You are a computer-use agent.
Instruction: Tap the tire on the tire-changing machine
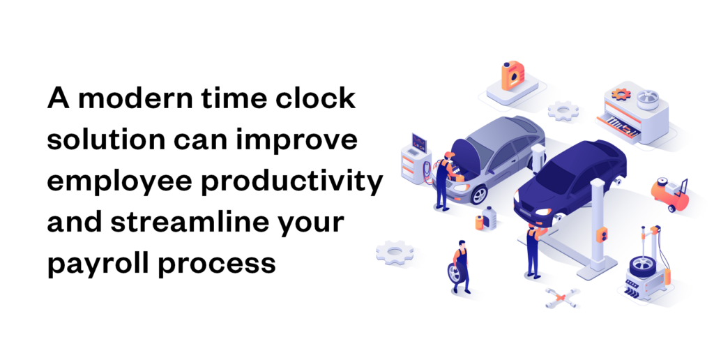(642, 269)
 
